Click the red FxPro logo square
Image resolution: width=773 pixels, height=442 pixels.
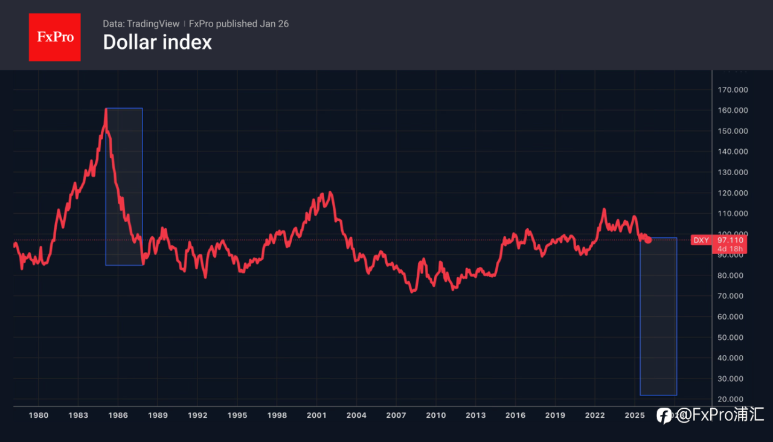(54, 37)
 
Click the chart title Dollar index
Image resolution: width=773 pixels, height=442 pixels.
(157, 42)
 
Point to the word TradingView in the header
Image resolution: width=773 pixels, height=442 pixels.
(153, 24)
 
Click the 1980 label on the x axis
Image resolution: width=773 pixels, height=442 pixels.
(39, 415)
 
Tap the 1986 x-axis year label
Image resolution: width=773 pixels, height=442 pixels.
(118, 415)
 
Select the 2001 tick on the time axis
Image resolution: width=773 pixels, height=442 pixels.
(316, 415)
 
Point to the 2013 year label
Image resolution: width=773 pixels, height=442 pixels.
(475, 415)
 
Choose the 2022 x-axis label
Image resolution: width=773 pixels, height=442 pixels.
(595, 415)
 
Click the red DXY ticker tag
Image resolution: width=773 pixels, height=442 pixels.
(701, 240)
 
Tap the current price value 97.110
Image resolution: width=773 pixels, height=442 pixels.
(730, 240)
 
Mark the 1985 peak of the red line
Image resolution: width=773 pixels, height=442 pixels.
(106, 109)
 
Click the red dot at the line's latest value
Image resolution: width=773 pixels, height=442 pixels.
(648, 240)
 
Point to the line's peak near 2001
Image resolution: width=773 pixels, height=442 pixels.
(330, 193)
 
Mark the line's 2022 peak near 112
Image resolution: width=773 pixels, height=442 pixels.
(604, 210)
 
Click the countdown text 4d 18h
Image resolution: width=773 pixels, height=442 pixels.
(730, 249)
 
